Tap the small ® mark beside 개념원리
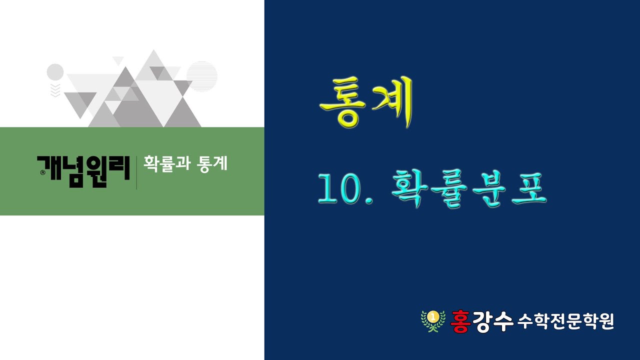coord(41,173)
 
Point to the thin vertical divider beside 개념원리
coord(136,172)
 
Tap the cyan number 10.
coord(342,188)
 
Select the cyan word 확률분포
coord(468,187)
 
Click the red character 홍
coord(463,319)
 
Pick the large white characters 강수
coord(495,320)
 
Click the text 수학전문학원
coord(566,320)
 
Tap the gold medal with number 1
coord(433,316)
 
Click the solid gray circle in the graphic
coord(55,72)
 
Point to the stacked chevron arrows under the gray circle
coord(55,90)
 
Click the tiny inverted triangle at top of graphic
coord(118,60)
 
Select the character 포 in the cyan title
coord(528,187)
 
